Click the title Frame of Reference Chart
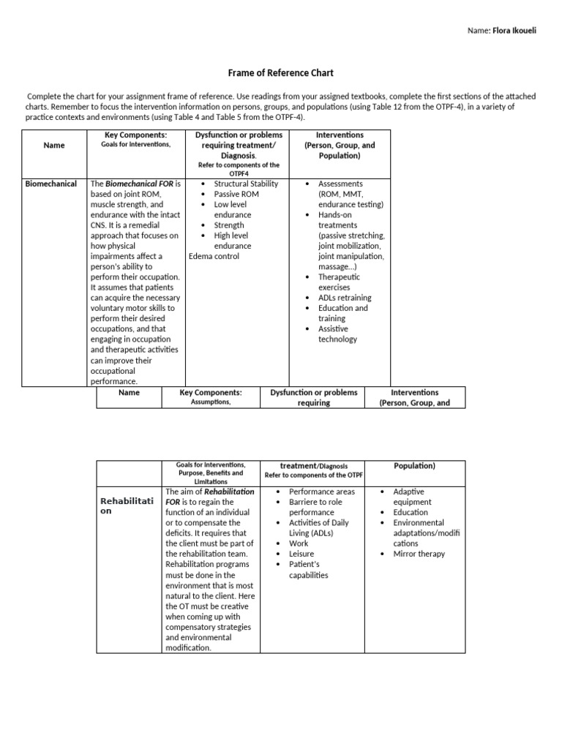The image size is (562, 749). coord(282,73)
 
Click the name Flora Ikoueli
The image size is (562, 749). coord(514,31)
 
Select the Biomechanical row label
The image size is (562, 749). coord(50,184)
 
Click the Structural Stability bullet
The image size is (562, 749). coord(246,184)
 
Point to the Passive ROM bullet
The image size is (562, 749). coord(236,194)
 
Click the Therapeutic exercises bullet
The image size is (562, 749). coord(339,282)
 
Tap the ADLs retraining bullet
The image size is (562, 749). coord(344,298)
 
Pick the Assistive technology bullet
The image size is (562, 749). coord(337,334)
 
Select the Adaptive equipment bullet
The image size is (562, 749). coord(412,497)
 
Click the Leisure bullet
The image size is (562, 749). coord(301,554)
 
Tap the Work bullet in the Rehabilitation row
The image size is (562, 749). coord(299,543)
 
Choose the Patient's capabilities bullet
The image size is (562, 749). coord(309,569)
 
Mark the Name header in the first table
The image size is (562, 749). coord(54,145)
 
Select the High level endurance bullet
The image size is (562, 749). coord(232,241)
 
